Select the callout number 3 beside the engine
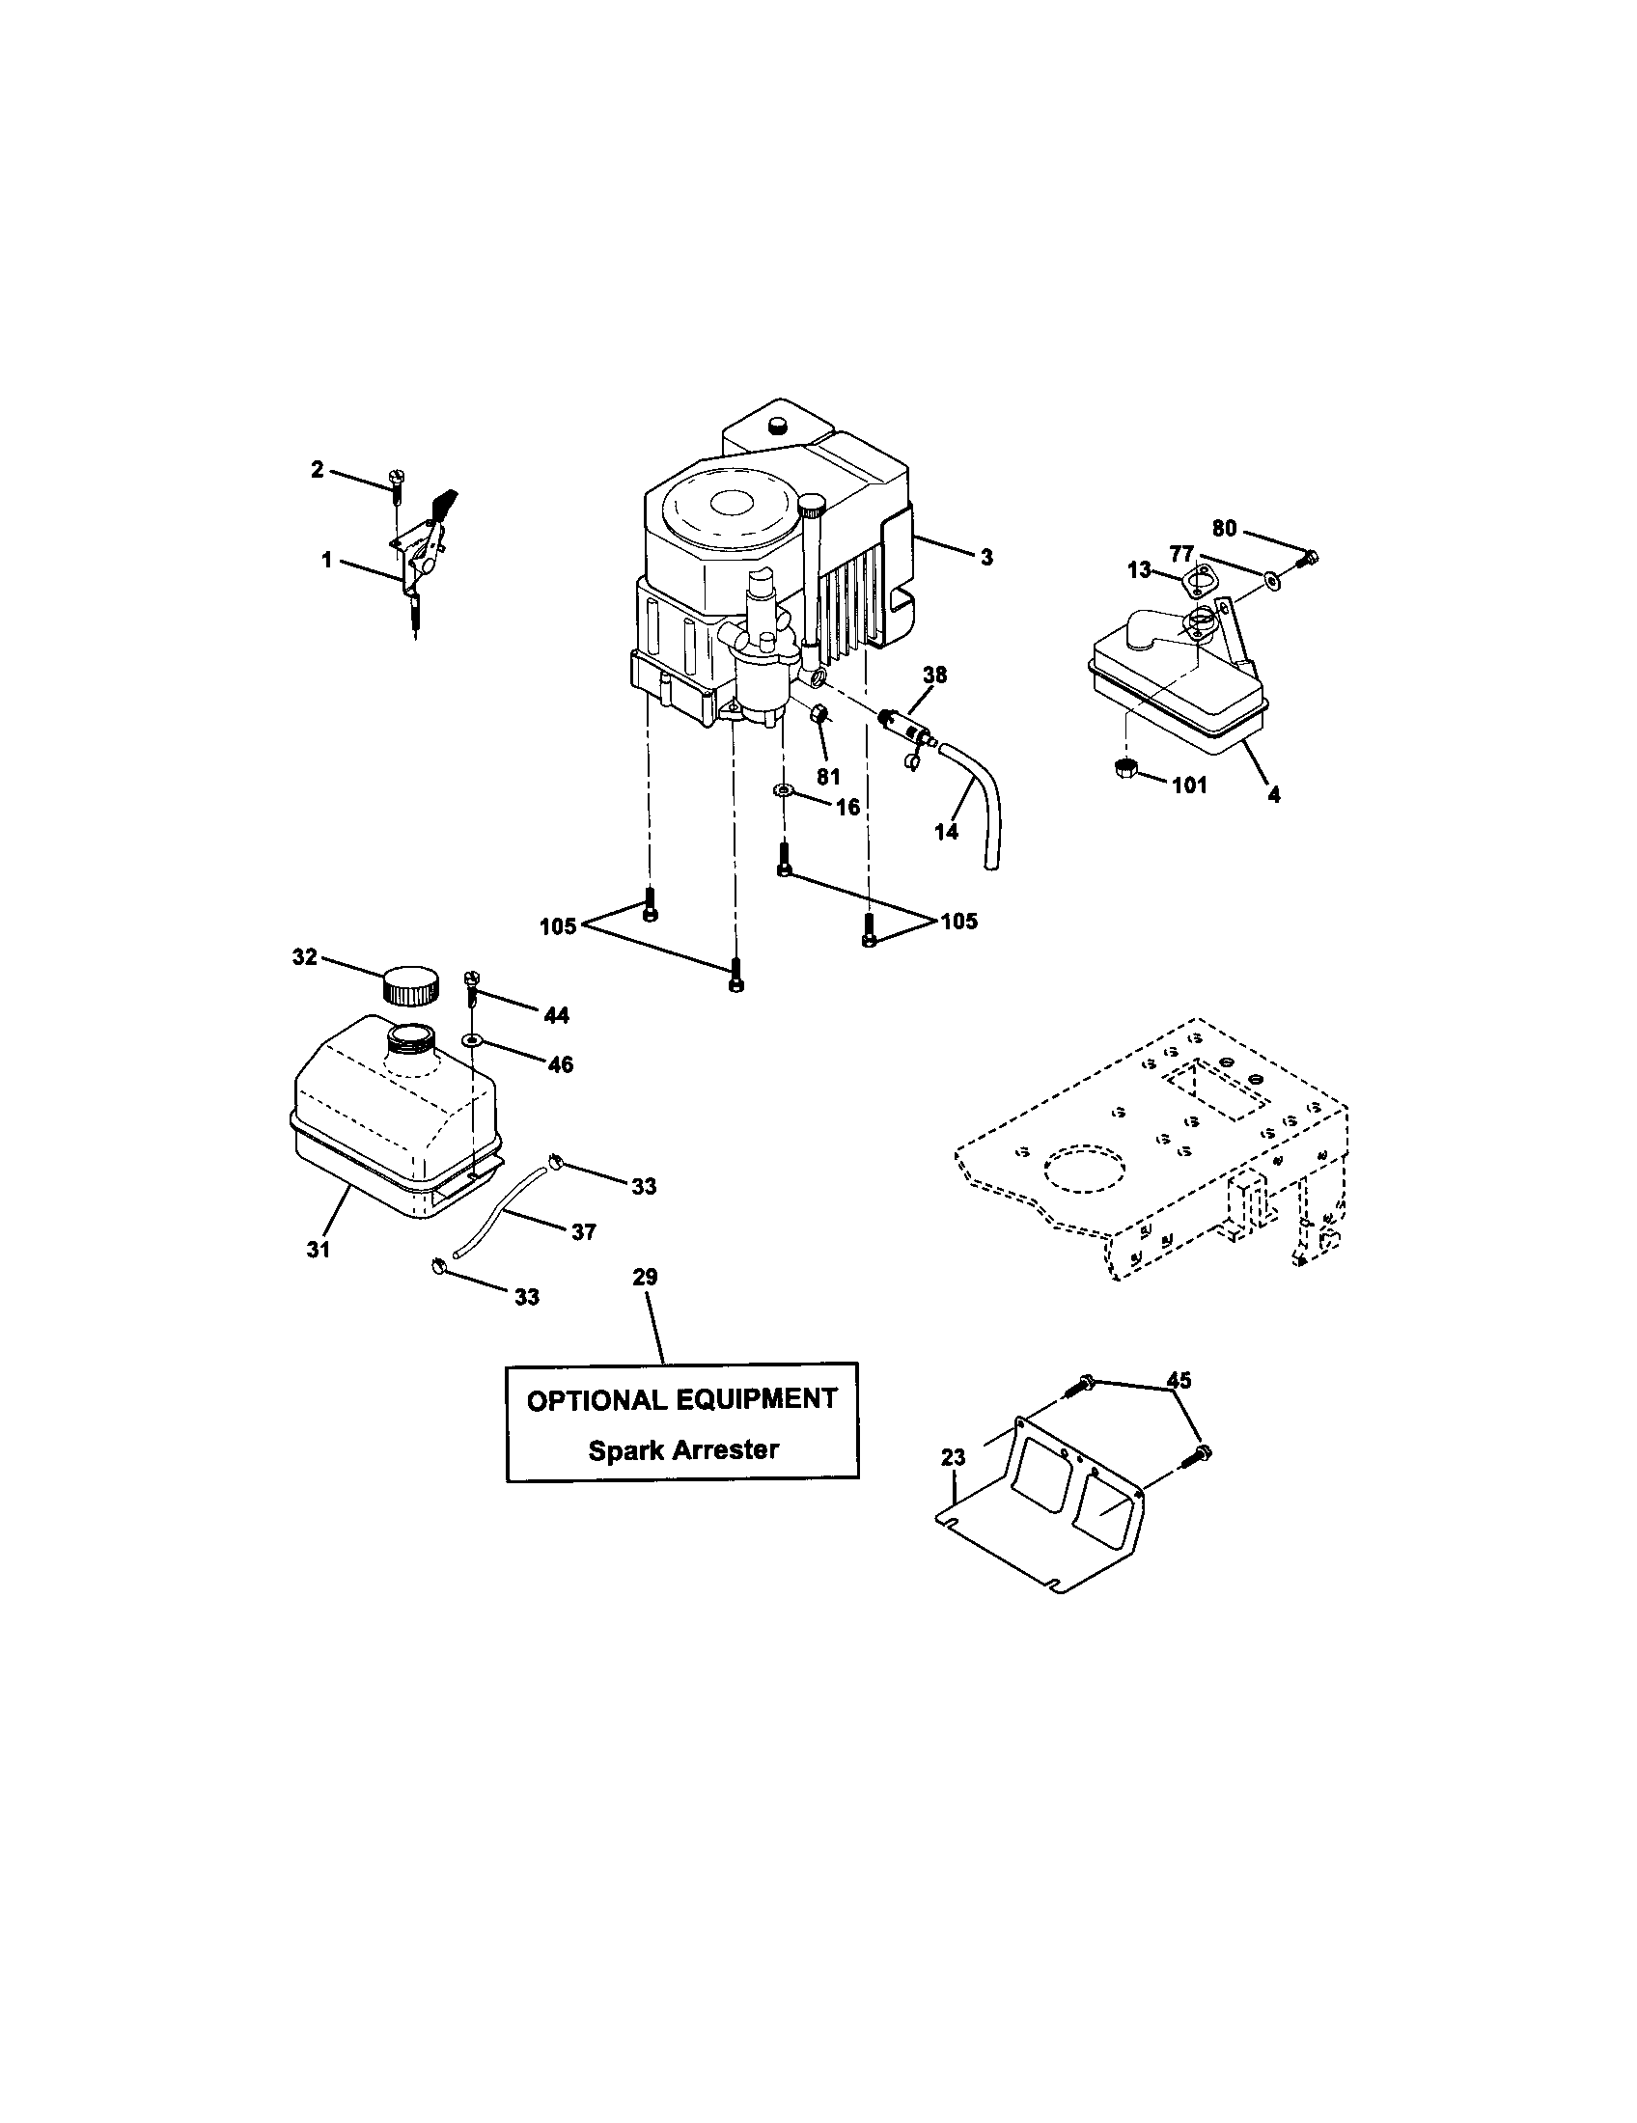986,558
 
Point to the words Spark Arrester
683,1450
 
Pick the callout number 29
645,1277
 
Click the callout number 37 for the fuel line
582,1231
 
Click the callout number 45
1179,1379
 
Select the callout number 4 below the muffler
1273,794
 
